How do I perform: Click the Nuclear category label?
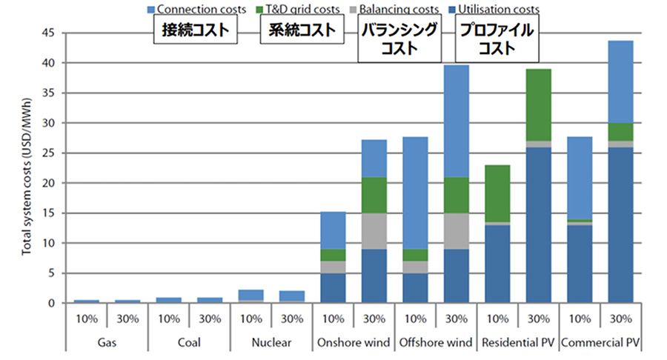[x=272, y=343]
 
